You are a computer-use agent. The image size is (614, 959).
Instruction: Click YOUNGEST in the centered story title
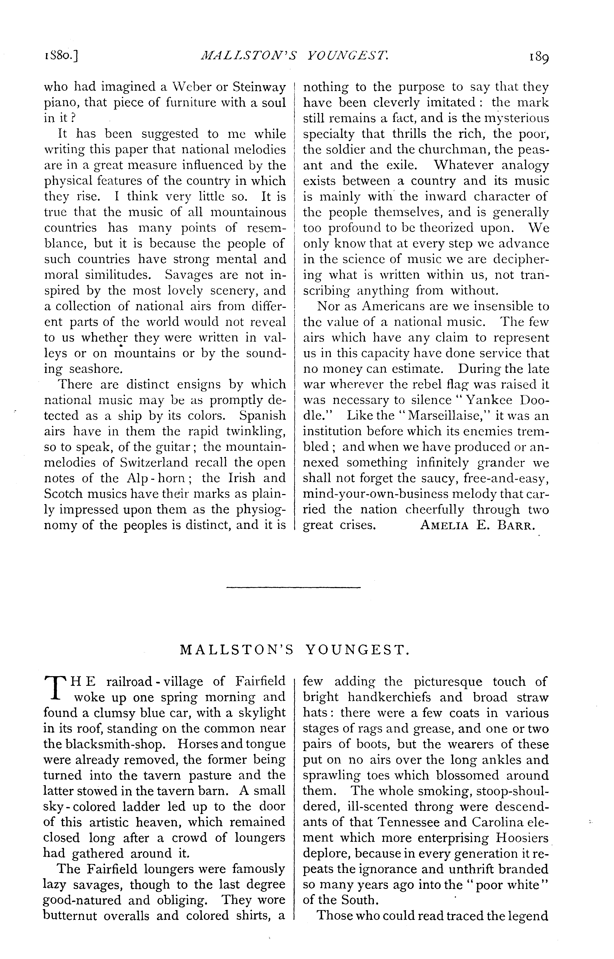[x=357, y=651]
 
